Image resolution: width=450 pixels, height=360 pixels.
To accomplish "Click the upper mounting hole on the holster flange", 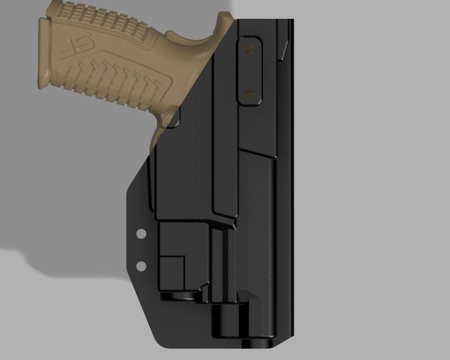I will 141,233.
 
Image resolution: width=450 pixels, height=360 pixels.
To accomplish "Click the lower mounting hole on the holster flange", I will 141,265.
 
